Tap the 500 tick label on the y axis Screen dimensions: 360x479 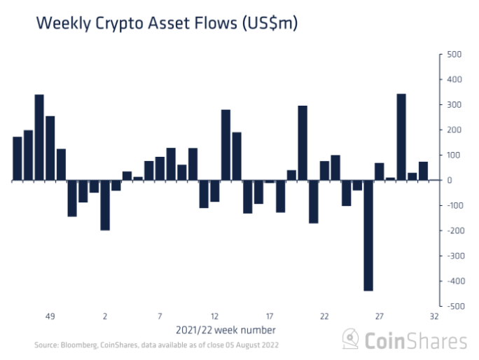pyautogui.click(x=453, y=55)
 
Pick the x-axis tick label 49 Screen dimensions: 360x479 pyautogui.click(x=50, y=316)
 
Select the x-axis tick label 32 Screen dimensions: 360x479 pyautogui.click(x=434, y=316)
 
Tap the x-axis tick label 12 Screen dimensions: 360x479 pyautogui.click(x=215, y=316)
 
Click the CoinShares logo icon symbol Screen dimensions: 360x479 pyautogui.click(x=352, y=340)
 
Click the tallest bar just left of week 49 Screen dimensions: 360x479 pyautogui.click(x=39, y=137)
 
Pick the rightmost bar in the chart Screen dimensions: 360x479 pyautogui.click(x=423, y=171)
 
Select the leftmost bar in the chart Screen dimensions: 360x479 pyautogui.click(x=18, y=158)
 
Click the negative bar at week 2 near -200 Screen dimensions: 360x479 pyautogui.click(x=105, y=205)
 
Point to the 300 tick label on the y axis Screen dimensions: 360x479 pyautogui.click(x=453, y=105)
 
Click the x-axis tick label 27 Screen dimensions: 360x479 pyautogui.click(x=380, y=316)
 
